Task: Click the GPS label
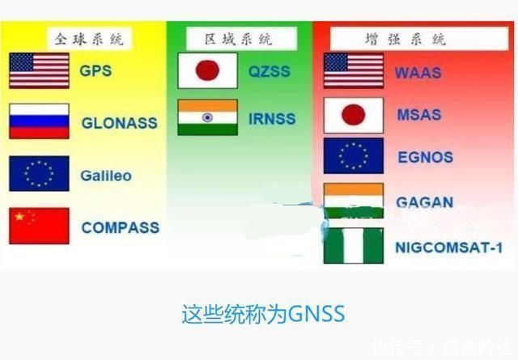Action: (96, 70)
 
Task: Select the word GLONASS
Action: (119, 124)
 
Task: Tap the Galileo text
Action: (105, 176)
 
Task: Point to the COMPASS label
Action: (120, 227)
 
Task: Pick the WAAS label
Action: (418, 72)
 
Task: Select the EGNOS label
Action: (425, 157)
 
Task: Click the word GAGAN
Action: (424, 202)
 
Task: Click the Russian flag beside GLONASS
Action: (39, 121)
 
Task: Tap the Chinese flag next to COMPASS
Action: (39, 226)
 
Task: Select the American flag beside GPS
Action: (39, 70)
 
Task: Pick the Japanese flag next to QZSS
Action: (207, 70)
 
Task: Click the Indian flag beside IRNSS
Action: (207, 117)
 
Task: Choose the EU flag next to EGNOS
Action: (353, 156)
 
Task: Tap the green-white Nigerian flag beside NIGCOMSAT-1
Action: (353, 246)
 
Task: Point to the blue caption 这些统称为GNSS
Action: (263, 313)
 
